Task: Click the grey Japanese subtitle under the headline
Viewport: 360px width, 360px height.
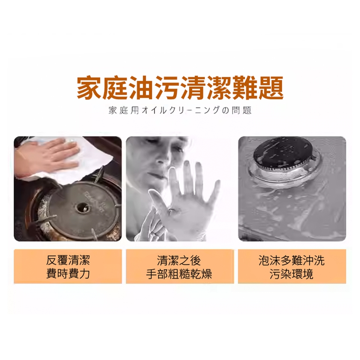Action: coord(180,111)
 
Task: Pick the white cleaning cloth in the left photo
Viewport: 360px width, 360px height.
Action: coord(69,161)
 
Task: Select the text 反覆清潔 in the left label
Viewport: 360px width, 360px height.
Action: coord(68,260)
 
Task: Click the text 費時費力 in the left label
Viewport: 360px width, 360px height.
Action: coord(68,274)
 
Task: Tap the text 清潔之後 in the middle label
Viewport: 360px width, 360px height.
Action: coord(179,260)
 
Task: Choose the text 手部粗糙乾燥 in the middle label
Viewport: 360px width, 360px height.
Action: coord(179,274)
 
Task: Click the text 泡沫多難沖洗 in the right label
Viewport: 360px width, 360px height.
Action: coord(292,260)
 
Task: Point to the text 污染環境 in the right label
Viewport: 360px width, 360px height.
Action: coord(292,274)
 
